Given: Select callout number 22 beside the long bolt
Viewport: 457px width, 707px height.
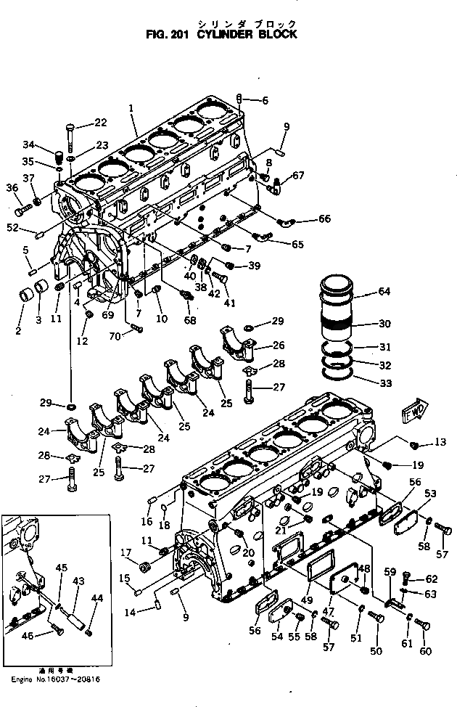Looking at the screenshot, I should [100, 122].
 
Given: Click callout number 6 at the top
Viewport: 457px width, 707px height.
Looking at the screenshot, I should [265, 100].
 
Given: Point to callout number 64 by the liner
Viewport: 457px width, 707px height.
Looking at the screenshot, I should [383, 293].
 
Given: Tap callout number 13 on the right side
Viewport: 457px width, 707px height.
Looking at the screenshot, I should [440, 443].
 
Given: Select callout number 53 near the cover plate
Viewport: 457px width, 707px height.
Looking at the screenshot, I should [430, 494].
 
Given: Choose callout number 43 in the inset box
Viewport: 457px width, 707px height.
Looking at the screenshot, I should [78, 581].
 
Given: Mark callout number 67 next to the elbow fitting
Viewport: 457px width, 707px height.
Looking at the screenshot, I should [298, 175].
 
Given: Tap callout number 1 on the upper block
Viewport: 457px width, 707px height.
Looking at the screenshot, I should [131, 108].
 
